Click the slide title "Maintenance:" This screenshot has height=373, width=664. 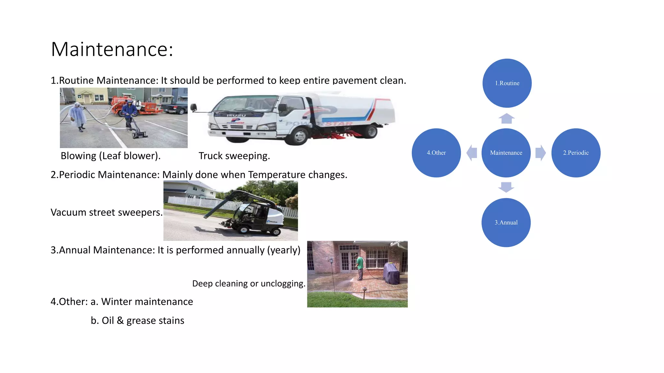[112, 49]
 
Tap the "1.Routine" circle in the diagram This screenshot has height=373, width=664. [507, 83]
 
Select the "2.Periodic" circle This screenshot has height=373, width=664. [576, 153]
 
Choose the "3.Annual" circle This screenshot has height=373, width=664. [506, 222]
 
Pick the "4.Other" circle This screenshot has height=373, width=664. [436, 153]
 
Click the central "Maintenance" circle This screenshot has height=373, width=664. [506, 153]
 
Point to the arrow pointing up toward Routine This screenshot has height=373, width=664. [506, 119]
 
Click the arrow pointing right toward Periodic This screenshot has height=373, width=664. [540, 153]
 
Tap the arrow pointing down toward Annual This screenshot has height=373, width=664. [506, 187]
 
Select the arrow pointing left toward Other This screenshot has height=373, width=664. [472, 153]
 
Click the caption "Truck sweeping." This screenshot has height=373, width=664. [234, 156]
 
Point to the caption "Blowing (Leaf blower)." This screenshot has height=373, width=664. [111, 156]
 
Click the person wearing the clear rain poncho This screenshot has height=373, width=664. [78, 116]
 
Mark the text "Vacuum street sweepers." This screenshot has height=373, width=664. [106, 212]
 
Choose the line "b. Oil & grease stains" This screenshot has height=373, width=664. [137, 321]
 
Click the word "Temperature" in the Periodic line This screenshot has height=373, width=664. [277, 175]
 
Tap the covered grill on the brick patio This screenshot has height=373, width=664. [391, 273]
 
